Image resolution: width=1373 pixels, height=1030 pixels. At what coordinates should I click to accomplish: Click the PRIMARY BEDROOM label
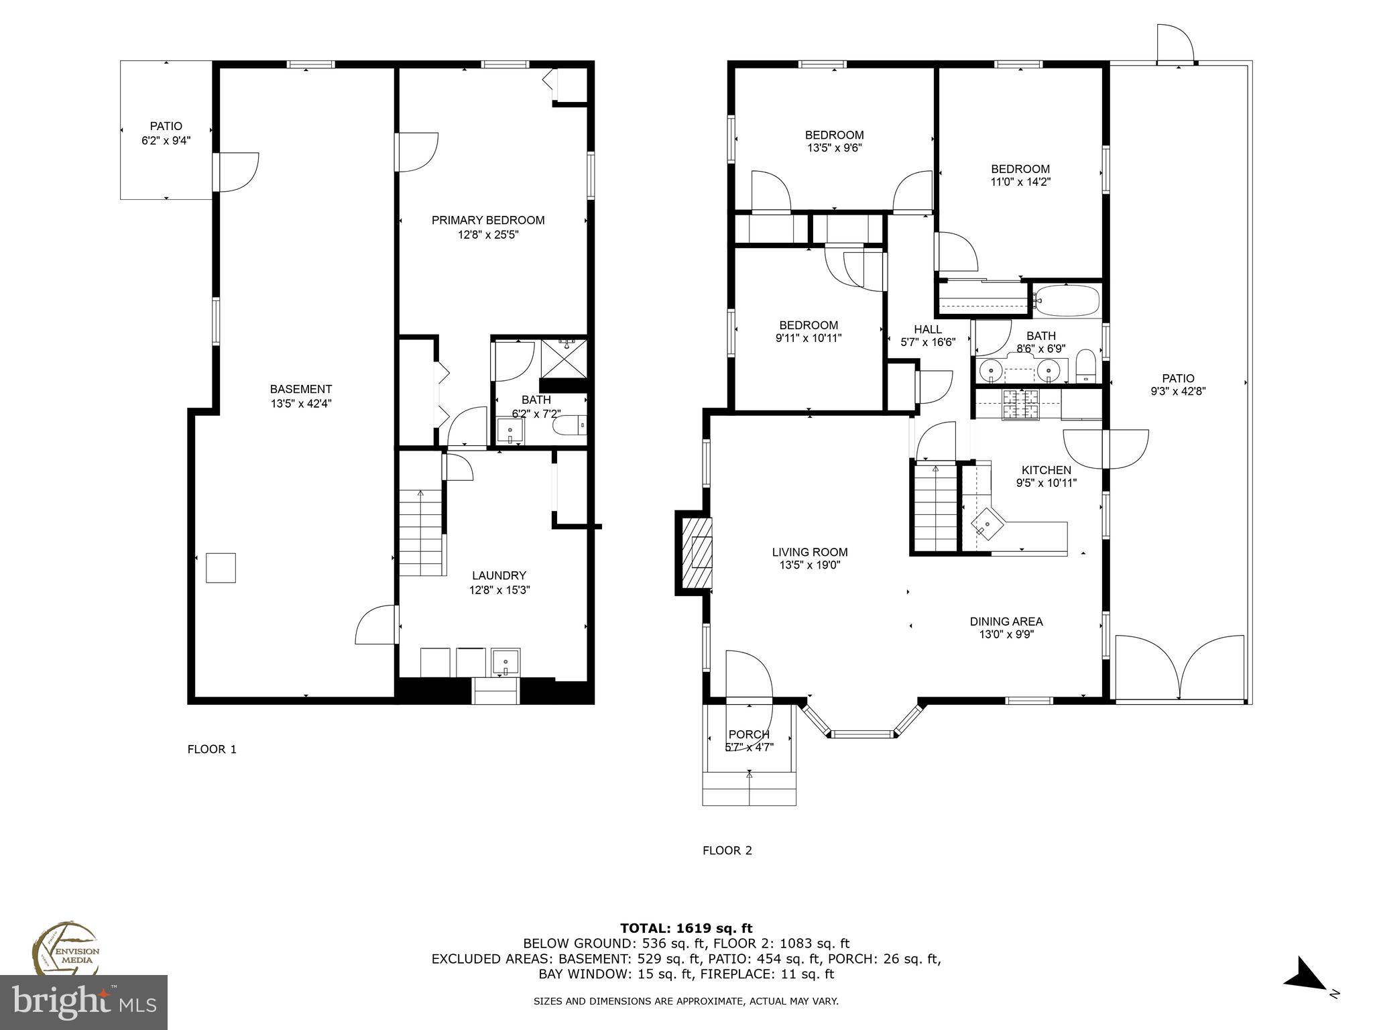point(487,220)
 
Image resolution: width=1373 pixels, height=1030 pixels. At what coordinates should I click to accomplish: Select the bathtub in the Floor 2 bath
point(1067,301)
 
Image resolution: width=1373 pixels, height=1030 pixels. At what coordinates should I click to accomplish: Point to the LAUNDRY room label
point(499,575)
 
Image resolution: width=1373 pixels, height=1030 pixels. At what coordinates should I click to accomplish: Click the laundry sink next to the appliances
point(505,663)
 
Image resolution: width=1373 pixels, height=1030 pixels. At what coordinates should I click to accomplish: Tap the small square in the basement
point(221,568)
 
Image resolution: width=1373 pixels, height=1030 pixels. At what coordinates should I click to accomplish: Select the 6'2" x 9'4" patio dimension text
point(166,141)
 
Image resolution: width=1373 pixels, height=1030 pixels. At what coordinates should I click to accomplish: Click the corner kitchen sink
point(987,524)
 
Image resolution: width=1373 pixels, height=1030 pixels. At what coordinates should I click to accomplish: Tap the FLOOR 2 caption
point(727,851)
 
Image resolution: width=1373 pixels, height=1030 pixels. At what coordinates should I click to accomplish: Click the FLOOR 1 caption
point(212,750)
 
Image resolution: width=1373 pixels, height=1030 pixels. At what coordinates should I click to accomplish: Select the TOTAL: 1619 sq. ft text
point(686,928)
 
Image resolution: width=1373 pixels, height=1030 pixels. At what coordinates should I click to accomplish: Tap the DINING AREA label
point(1006,622)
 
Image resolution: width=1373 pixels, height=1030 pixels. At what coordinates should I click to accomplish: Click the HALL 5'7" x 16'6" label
point(927,335)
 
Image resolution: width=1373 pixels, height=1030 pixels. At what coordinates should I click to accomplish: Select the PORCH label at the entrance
point(748,734)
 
